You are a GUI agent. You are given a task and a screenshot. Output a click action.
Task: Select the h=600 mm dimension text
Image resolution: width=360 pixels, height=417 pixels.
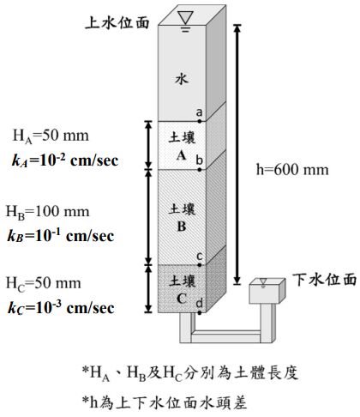[292, 169]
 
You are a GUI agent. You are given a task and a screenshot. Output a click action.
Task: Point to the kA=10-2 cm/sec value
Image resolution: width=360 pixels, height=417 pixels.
[63, 160]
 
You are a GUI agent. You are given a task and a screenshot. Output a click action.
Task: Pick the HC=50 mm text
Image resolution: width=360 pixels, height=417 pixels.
[50, 283]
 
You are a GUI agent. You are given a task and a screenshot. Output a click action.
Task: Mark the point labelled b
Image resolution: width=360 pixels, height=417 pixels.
[200, 169]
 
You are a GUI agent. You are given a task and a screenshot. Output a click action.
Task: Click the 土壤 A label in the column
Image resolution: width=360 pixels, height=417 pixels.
[181, 145]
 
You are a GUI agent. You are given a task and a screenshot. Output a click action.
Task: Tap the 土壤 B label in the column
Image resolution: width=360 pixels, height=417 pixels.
[181, 217]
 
